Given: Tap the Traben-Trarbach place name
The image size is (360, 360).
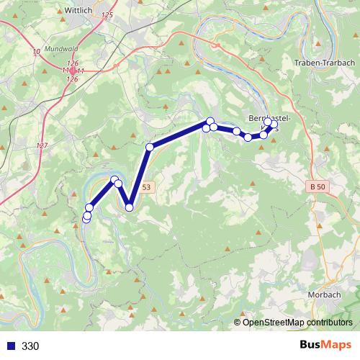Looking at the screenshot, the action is (323, 63).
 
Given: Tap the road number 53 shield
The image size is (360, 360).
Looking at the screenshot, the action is (146, 186).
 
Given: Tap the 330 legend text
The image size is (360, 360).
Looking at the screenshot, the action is (30, 346).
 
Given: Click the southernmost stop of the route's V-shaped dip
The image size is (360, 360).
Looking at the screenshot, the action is (130, 207).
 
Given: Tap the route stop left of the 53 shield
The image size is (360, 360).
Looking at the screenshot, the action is (118, 184).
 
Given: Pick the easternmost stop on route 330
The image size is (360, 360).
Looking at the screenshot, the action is (274, 124).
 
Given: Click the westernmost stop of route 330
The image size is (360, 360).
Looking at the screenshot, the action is (86, 218).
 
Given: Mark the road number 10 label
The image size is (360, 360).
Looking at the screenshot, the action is (37, 51).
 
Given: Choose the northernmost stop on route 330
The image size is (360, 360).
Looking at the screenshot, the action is (210, 121).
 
